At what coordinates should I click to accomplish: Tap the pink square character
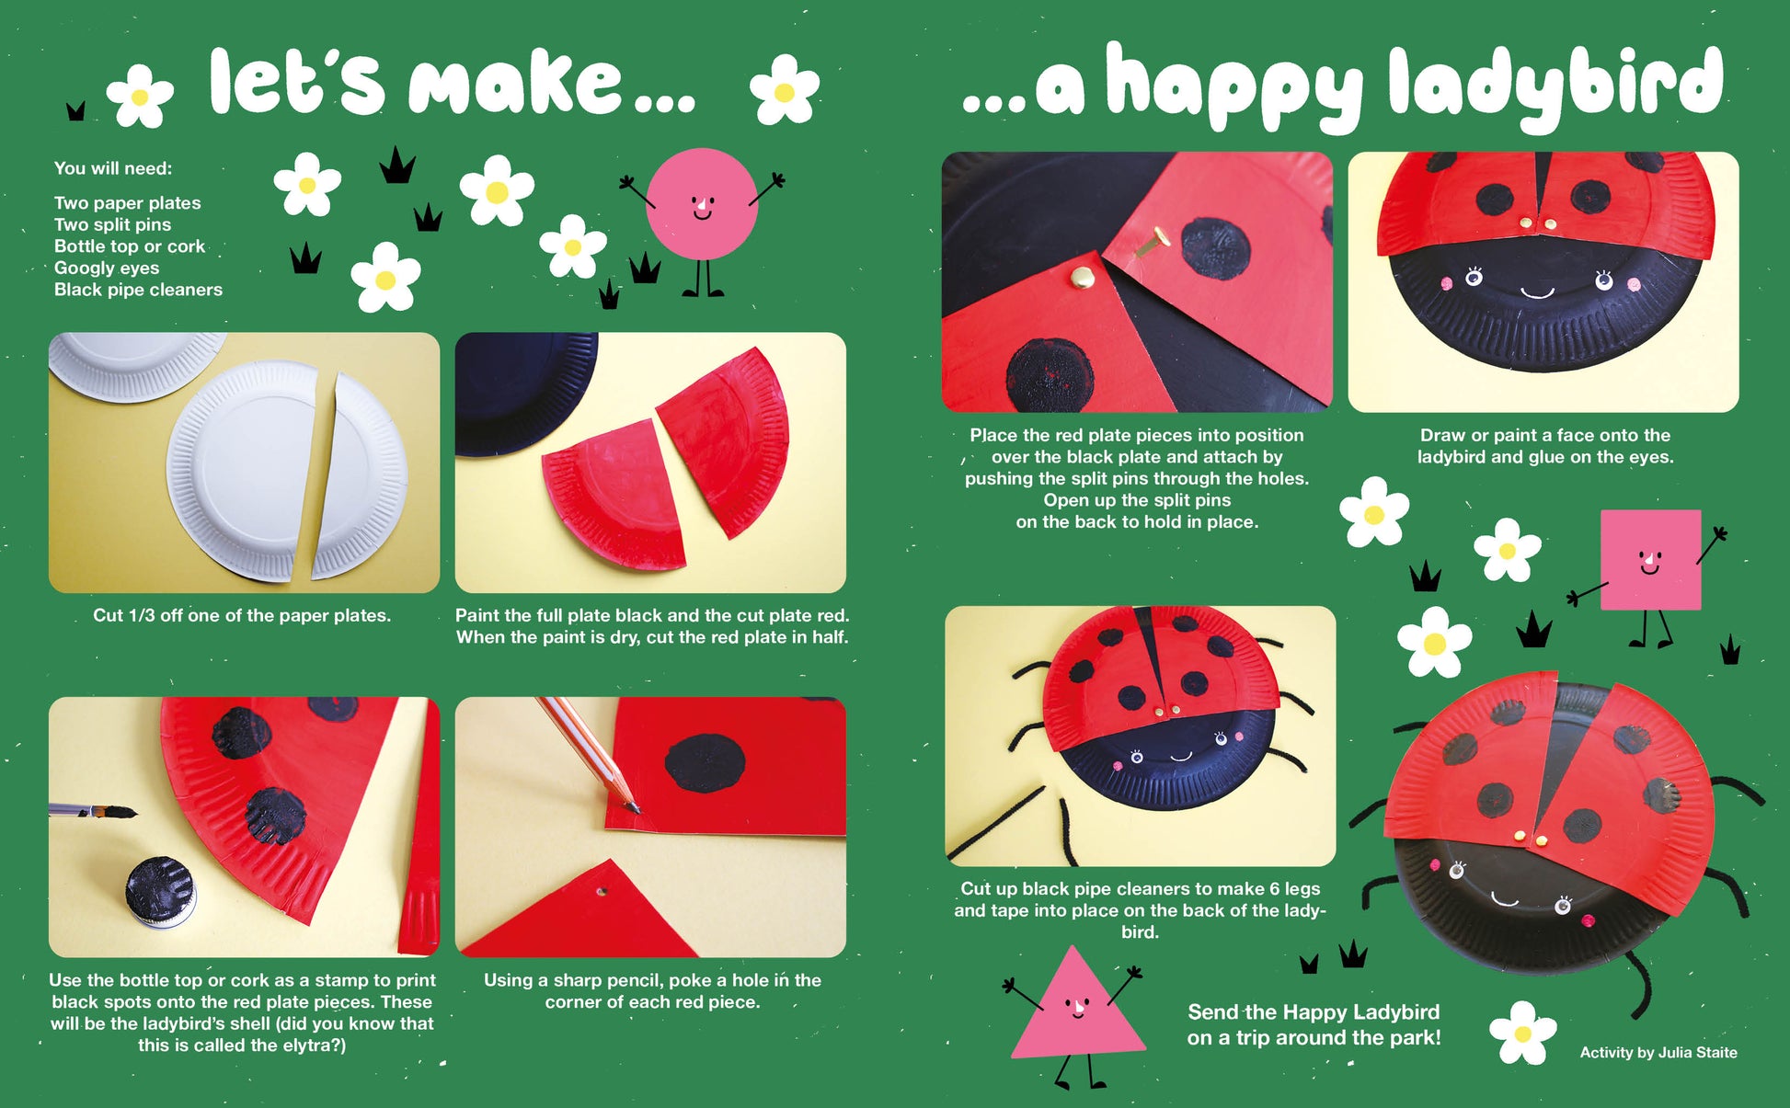tap(1650, 560)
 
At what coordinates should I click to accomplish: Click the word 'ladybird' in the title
tap(1555, 85)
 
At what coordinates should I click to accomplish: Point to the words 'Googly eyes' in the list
tap(107, 268)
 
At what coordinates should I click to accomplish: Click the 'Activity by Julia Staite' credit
tap(1658, 1053)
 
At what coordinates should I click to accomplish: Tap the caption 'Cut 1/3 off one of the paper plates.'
tap(242, 616)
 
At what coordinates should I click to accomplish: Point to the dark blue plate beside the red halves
tap(520, 391)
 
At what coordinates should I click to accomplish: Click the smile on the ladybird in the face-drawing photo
tap(1536, 293)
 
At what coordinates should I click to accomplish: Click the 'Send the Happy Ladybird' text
tap(1314, 1012)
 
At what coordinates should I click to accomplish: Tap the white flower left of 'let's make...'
tap(140, 96)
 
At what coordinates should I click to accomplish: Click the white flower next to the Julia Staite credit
tap(1522, 1034)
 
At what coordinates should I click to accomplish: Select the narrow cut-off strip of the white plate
tap(359, 476)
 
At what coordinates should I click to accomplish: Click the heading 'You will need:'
tap(113, 169)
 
